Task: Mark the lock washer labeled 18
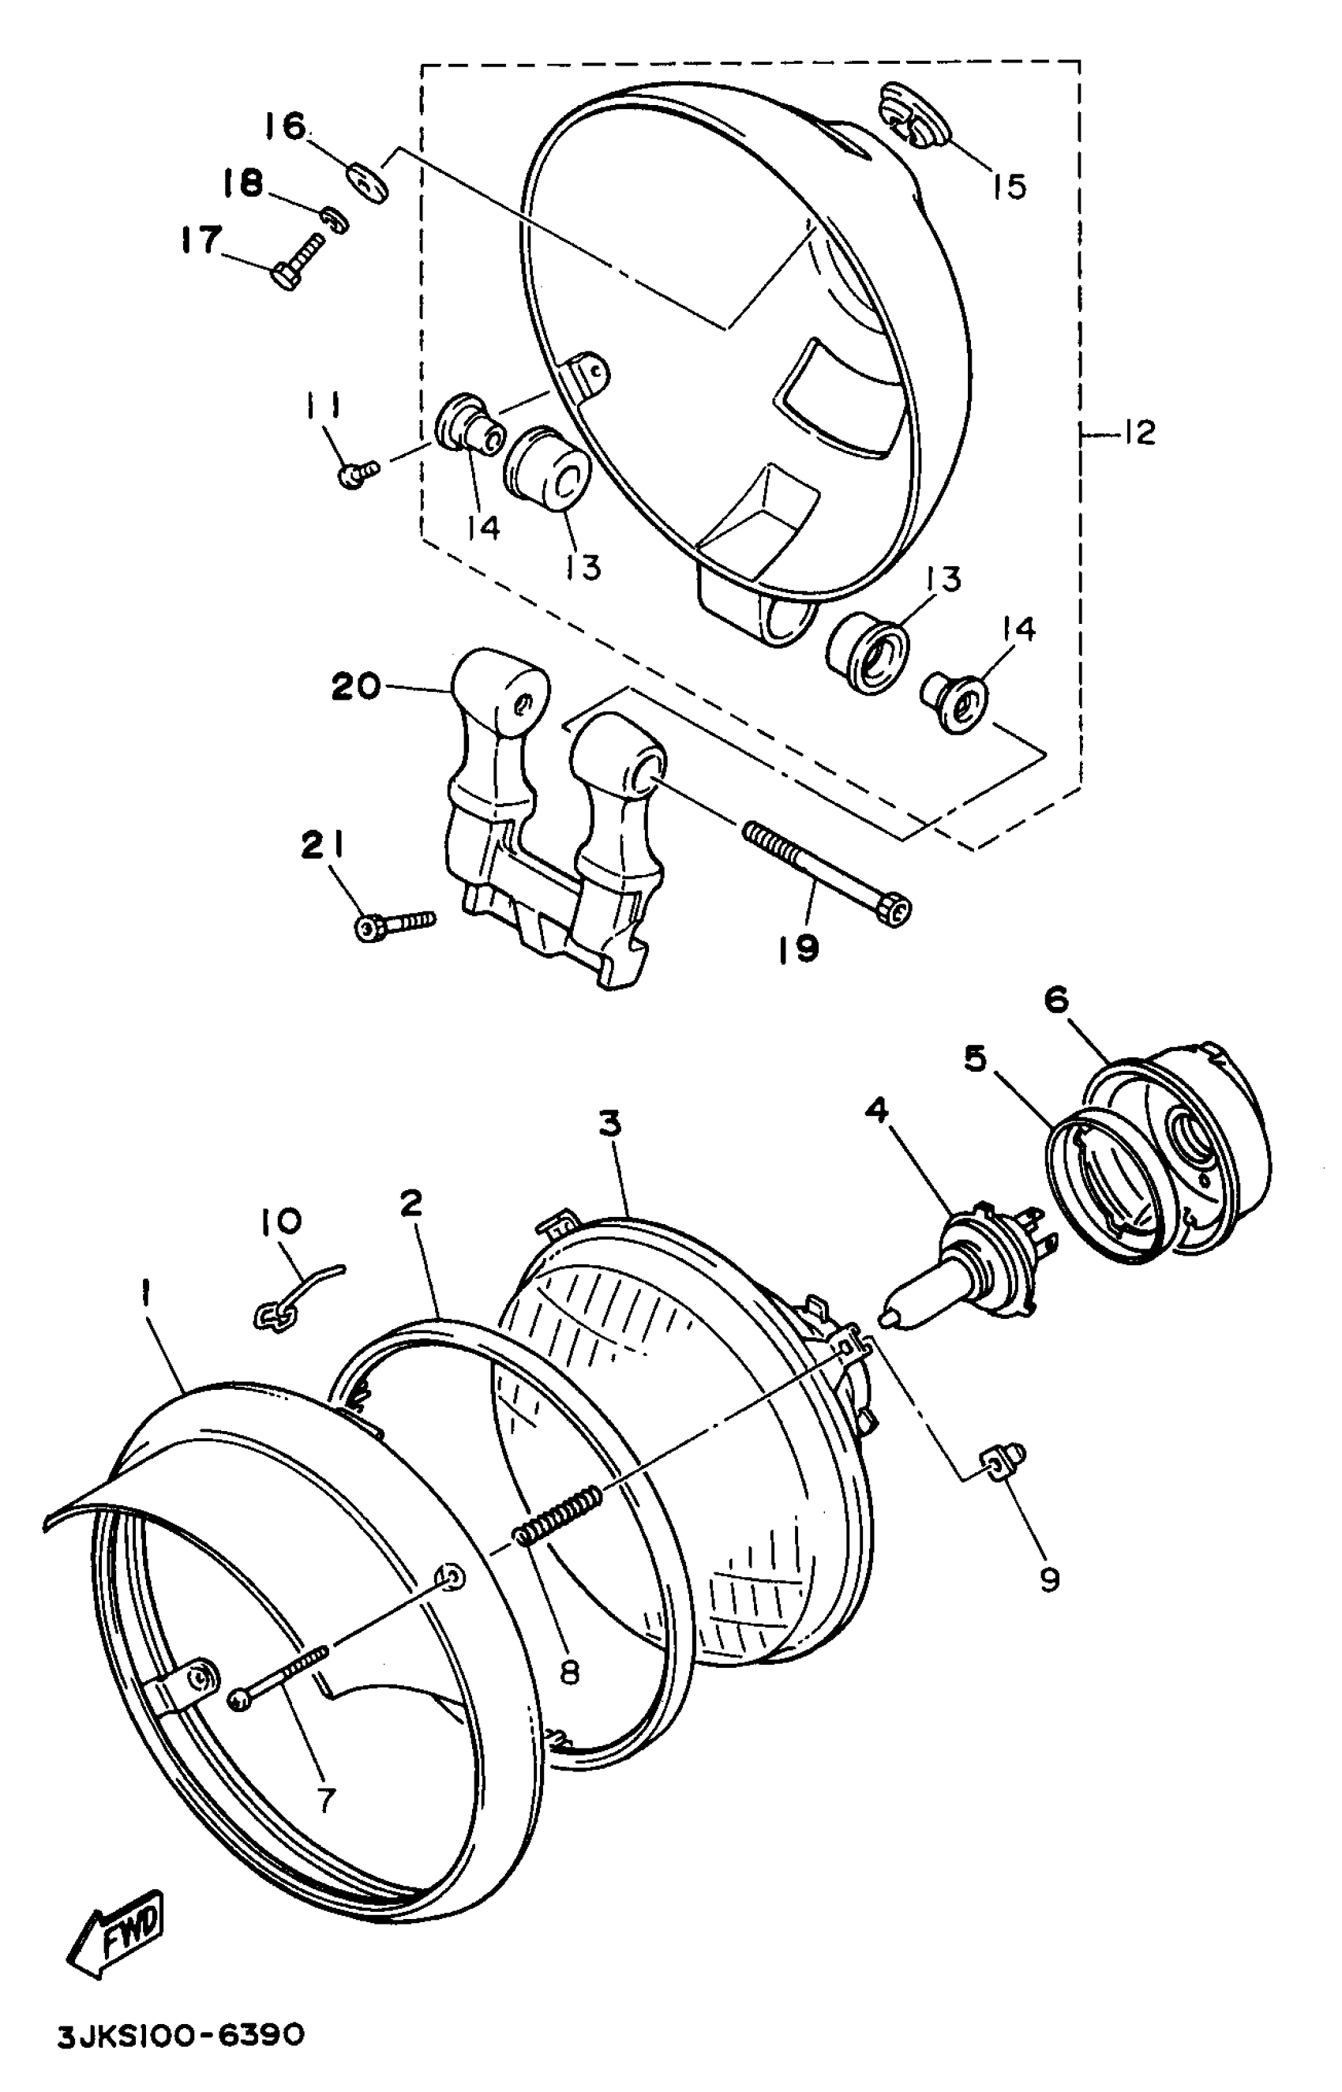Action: (x=335, y=220)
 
